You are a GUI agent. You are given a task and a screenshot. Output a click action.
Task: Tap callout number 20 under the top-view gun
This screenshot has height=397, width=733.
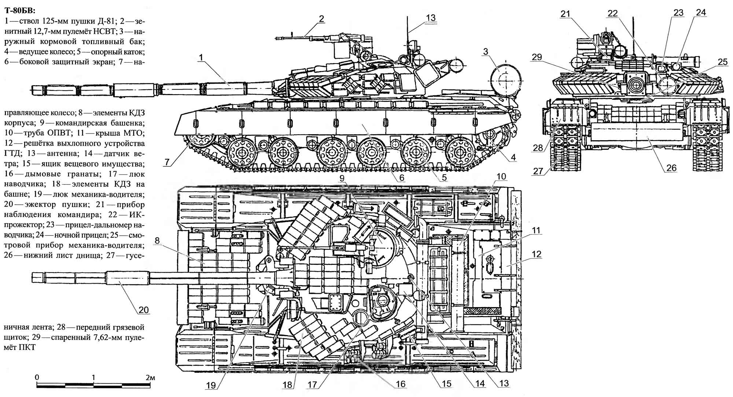(143, 310)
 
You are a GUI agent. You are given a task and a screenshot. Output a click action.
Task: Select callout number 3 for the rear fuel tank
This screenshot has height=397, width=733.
(486, 52)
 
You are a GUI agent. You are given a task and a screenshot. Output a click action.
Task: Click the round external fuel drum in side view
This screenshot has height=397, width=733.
(505, 78)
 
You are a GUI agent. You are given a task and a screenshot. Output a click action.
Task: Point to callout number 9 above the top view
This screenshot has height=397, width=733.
(342, 179)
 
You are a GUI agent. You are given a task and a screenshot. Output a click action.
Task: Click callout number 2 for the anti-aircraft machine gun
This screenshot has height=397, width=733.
(321, 19)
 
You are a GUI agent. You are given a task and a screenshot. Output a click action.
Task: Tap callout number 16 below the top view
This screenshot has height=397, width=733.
(401, 384)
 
